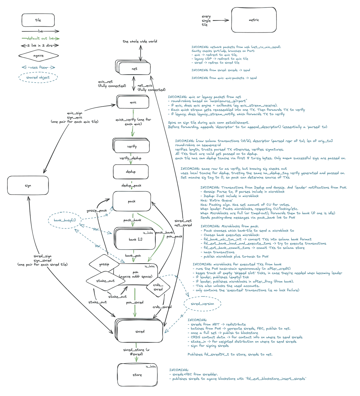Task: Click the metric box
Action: pos(254,20)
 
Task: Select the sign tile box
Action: pos(28,186)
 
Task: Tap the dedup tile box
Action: pos(131,172)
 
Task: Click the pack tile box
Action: pos(132,201)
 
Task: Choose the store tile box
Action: pos(137,375)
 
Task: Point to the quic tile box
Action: pos(133,102)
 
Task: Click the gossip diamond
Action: pos(104,264)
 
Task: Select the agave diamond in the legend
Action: pos(38,56)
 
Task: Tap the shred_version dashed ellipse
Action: pos(202,304)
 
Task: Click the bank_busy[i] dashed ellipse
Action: pos(65,220)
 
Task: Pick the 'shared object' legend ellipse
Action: pos(38,77)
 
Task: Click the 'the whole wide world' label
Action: pos(140,41)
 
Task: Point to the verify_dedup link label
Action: pos(130,158)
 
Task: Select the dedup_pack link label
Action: pos(131,185)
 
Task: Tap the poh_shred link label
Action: pos(135,302)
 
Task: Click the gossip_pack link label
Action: pos(97,211)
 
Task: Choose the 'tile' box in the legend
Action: pos(38,20)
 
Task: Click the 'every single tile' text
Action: pos(206,20)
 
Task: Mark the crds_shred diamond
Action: pos(158,287)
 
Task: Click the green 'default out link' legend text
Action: pos(40,38)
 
